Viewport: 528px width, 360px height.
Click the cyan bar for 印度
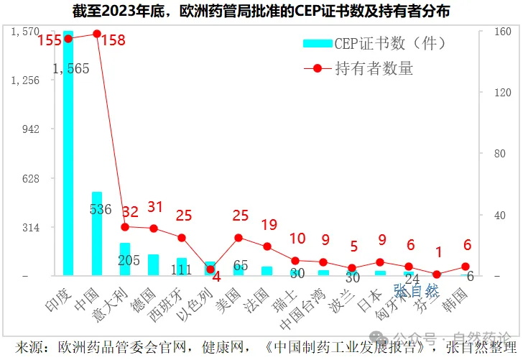(x=68, y=154)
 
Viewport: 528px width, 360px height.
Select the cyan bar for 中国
(x=96, y=234)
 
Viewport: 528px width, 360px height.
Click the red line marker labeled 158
(x=97, y=34)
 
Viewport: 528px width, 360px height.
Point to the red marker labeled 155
(x=68, y=39)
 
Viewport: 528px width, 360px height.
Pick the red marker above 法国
(x=267, y=246)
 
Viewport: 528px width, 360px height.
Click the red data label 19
(x=269, y=224)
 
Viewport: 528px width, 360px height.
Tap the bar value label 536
(x=101, y=210)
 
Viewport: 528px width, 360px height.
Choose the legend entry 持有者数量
(x=374, y=69)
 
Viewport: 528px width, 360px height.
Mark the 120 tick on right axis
(x=500, y=93)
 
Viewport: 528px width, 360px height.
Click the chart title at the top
(x=264, y=12)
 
